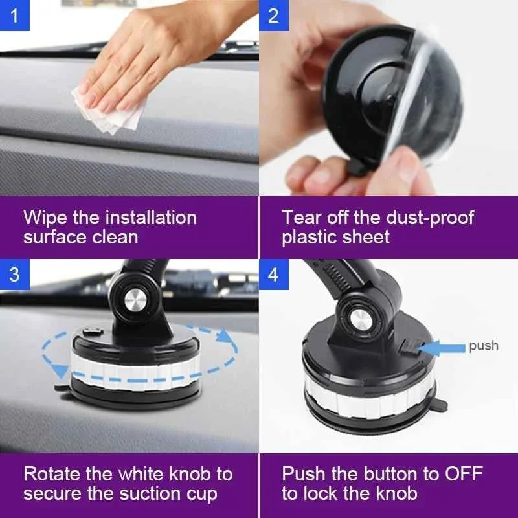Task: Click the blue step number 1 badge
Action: [14, 15]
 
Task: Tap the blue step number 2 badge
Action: [273, 15]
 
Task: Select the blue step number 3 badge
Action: [14, 274]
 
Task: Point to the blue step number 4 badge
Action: [273, 274]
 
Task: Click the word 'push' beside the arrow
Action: [484, 346]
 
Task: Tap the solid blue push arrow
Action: [442, 348]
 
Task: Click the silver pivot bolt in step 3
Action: [135, 301]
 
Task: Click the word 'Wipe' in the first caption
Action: [46, 218]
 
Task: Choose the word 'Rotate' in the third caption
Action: [52, 474]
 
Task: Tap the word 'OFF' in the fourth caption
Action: [464, 474]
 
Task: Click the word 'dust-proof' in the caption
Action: [430, 219]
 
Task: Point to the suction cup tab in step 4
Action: [440, 404]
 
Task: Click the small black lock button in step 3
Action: [93, 332]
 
